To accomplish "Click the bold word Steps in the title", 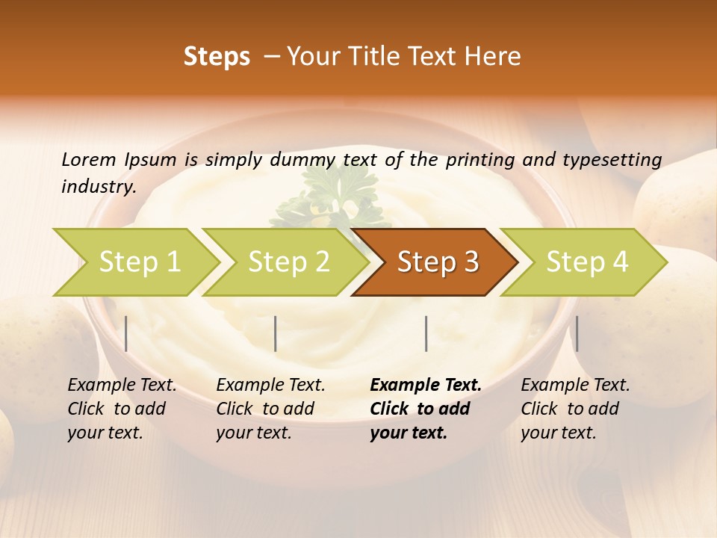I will coord(217,57).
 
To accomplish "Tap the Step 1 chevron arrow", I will coord(139,262).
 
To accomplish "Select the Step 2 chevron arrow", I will coord(288,262).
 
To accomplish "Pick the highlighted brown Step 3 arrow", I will coord(437,262).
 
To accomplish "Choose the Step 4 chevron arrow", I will coord(586,262).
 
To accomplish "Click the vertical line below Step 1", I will coord(126,333).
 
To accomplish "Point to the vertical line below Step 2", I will coord(276,333).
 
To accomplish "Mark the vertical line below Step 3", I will coord(426,333).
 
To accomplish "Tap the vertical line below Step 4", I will coord(577,333).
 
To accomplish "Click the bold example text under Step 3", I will coord(424,409).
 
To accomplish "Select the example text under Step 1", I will coord(121,409).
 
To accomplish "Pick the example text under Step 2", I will coord(270,409).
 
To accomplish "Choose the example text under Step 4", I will coord(574,409).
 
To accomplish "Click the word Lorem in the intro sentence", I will coord(88,160).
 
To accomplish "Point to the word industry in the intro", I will coord(98,186).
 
